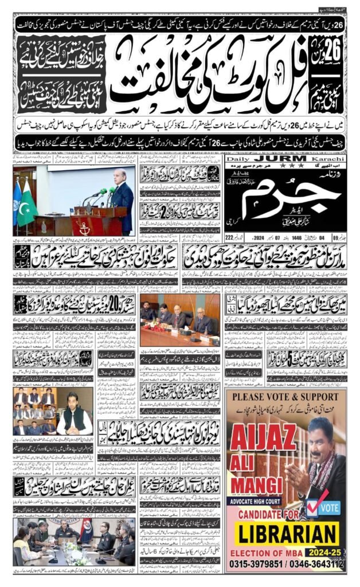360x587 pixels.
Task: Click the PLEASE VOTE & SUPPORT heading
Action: pos(285,397)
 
